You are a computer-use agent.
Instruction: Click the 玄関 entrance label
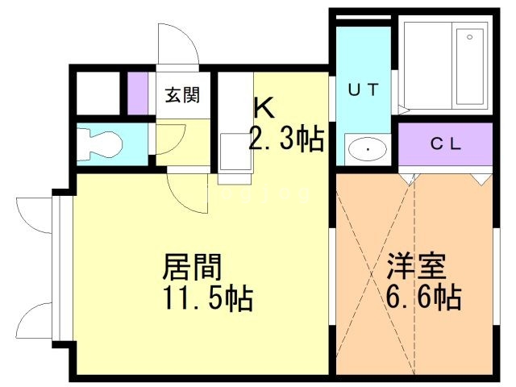tap(184, 95)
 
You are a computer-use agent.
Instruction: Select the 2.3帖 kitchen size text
tap(285, 139)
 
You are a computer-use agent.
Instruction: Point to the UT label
tap(362, 91)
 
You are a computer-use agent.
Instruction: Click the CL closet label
tap(444, 145)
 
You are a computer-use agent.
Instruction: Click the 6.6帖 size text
tap(422, 298)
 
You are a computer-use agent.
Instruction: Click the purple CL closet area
tap(444, 145)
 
